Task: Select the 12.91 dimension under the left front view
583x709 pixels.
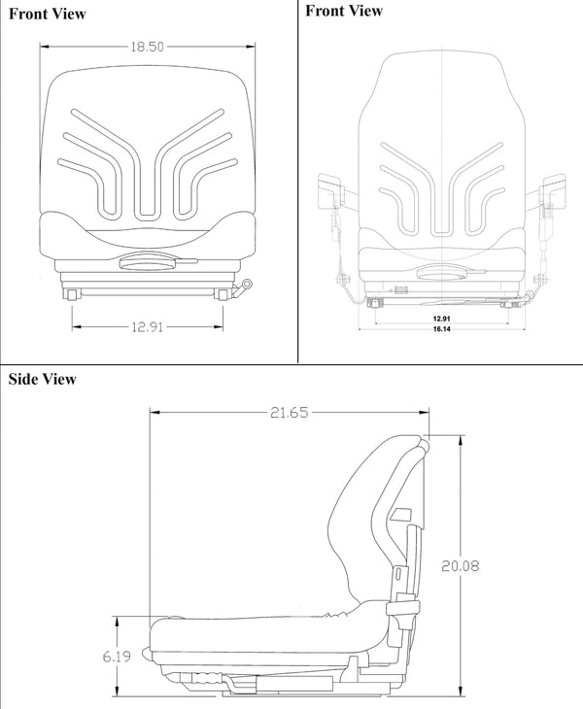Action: point(146,326)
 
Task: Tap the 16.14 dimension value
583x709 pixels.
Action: point(441,330)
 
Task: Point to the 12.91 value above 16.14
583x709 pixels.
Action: point(441,317)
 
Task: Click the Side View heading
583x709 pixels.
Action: point(42,379)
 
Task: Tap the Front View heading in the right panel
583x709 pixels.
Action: point(343,11)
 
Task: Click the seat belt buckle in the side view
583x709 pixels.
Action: point(397,607)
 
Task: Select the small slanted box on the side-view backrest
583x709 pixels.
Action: point(401,514)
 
